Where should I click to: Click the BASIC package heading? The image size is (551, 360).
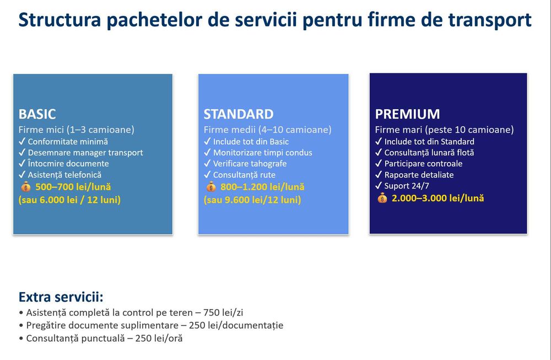point(37,114)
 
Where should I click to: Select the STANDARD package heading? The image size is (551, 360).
point(239,114)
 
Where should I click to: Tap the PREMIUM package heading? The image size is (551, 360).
point(407,114)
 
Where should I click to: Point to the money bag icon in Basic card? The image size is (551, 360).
point(26,187)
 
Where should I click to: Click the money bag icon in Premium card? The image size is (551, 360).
point(382,198)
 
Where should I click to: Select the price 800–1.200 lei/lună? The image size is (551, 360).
point(262,187)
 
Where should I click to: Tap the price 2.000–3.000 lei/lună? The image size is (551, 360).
point(438,198)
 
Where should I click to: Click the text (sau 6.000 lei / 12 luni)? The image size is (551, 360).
point(69,200)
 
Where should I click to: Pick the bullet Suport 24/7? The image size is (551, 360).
point(407,186)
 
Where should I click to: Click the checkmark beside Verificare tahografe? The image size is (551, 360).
point(207,164)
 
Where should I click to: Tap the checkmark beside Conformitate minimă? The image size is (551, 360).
point(22,141)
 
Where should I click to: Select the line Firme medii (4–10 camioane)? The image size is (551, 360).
point(268,130)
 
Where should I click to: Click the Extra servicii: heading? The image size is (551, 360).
point(61,297)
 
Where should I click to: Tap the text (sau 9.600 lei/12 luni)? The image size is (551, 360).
point(252,200)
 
